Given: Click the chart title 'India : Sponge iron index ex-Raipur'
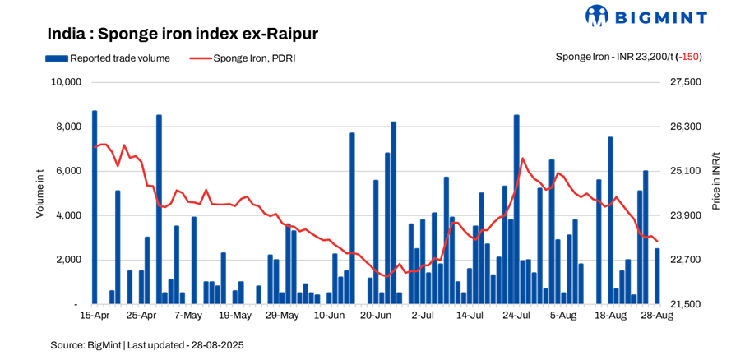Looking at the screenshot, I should coord(183,34).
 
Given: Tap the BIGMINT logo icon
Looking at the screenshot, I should coord(596,16).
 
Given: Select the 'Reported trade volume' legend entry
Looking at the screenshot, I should coord(109,58).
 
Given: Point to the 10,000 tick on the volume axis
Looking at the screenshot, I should coord(65,82).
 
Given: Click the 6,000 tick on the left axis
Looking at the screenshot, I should coord(67,171).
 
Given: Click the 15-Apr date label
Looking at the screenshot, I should coord(95,315).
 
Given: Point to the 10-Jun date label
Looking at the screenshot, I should coord(329,315).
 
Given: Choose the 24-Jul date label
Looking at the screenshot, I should coord(516,315).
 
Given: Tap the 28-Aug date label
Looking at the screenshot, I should coord(657,315).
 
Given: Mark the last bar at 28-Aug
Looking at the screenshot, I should coord(657,276).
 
